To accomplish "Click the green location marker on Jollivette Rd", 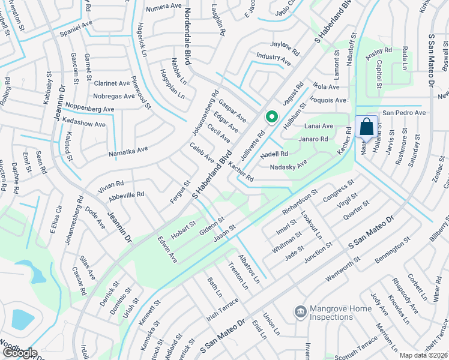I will pyautogui.click(x=271, y=117).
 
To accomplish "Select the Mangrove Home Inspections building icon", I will pyautogui.click(x=300, y=311).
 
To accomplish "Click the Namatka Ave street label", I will pyautogui.click(x=128, y=152).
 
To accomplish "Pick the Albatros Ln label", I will pyautogui.click(x=250, y=268).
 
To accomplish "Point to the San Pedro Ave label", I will pyautogui.click(x=404, y=112).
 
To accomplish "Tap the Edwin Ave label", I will pyautogui.click(x=167, y=249).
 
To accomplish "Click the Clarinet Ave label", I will pyautogui.click(x=112, y=83).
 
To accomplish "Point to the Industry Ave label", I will pyautogui.click(x=273, y=56).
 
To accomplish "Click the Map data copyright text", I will pyautogui.click(x=423, y=355).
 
